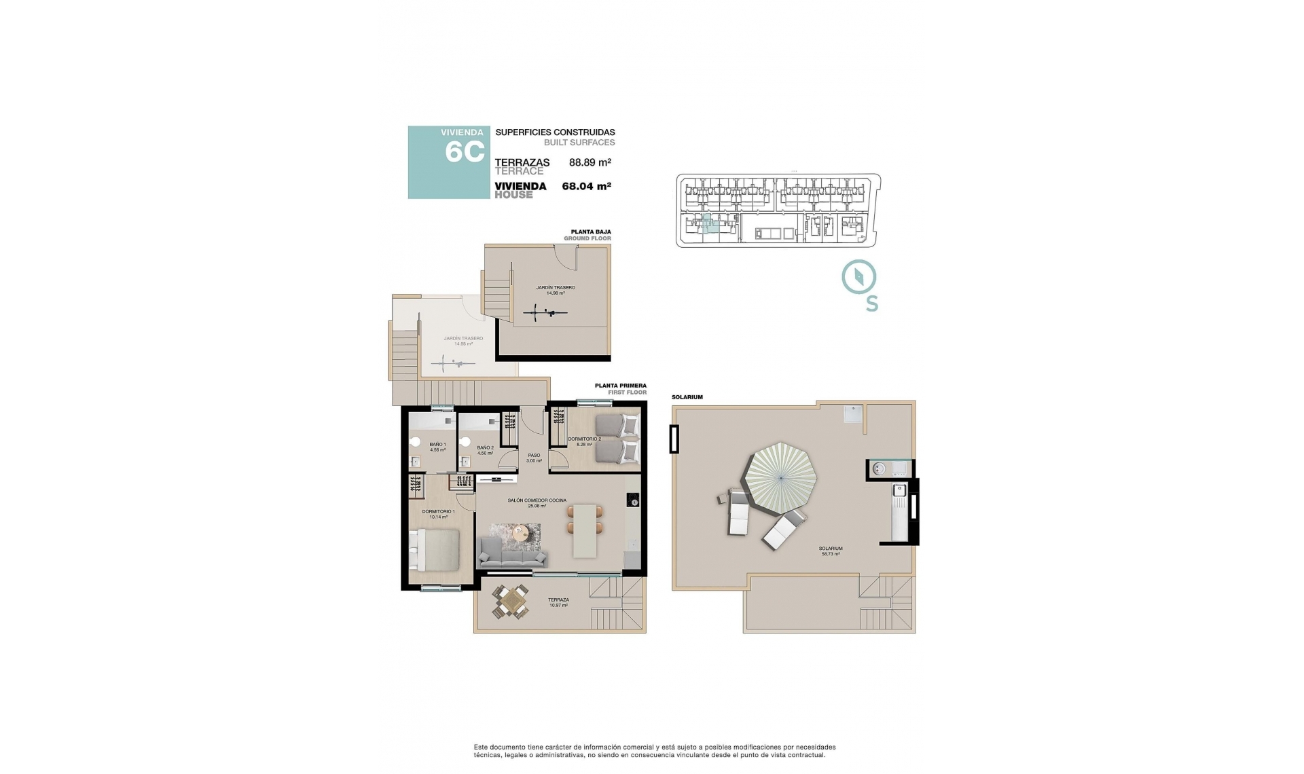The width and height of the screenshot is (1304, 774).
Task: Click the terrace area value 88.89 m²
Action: tap(590, 162)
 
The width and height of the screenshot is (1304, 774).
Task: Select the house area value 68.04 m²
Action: tap(586, 186)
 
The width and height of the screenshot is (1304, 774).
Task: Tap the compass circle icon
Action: tap(859, 277)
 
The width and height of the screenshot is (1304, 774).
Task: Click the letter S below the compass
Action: tap(871, 304)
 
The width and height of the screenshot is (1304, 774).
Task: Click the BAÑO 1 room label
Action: tap(437, 447)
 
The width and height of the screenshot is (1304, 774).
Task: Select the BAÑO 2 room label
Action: tap(485, 450)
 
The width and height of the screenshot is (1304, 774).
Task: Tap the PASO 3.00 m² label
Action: tap(534, 458)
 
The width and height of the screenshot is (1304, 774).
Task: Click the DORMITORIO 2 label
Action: tap(584, 441)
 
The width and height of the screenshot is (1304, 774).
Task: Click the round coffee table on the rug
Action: tap(521, 533)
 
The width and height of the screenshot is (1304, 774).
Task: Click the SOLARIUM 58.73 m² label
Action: tap(831, 551)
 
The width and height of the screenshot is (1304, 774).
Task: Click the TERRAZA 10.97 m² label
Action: tap(558, 602)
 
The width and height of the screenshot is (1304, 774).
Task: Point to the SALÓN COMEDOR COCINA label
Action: tap(537, 502)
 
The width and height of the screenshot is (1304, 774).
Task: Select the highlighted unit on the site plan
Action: tap(708, 225)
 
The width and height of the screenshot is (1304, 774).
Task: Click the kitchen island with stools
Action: tap(584, 530)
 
